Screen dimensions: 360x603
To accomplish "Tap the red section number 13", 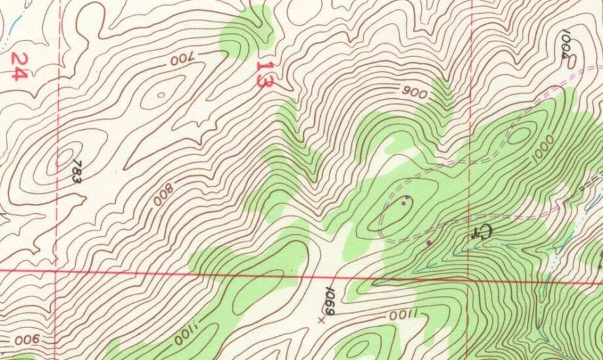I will [x=264, y=75].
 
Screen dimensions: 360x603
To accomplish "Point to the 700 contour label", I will [x=183, y=60].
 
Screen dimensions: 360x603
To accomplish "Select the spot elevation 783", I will [x=77, y=171].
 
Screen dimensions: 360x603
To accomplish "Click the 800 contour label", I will [x=163, y=194].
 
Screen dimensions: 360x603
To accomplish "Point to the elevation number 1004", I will [x=567, y=46].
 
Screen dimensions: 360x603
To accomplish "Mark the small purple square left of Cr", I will [x=429, y=243].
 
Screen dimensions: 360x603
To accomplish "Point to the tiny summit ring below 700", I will [x=160, y=95].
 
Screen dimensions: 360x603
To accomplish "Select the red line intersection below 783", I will [x=56, y=269].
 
